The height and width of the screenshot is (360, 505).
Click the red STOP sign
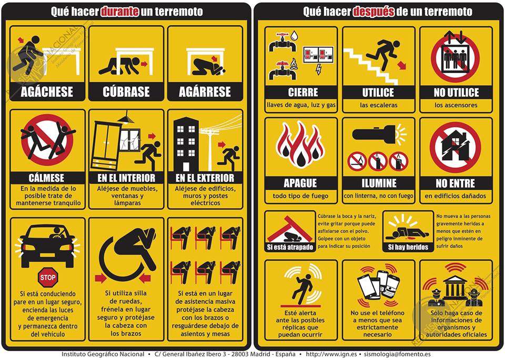(48, 277)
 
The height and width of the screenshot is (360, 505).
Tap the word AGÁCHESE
(47, 92)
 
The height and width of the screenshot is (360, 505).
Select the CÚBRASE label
(126, 92)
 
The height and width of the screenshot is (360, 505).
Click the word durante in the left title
(120, 12)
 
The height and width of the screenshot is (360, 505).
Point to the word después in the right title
(373, 12)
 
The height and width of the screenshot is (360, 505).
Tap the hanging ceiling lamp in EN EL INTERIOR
(126, 117)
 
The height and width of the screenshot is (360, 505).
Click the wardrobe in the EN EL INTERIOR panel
(106, 147)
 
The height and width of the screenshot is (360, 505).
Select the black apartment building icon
(186, 144)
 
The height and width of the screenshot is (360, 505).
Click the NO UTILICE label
(456, 92)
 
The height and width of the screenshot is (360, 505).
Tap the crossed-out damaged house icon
(455, 147)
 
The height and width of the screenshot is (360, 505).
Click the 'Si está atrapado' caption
(290, 248)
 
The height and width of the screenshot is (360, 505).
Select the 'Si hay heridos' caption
(408, 248)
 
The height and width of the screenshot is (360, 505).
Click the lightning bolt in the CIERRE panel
(319, 69)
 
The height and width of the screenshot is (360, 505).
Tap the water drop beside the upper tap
(294, 35)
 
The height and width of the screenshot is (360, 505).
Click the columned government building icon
(454, 287)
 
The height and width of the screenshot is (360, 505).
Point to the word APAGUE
(301, 183)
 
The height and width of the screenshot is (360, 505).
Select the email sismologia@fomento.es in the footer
(397, 354)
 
